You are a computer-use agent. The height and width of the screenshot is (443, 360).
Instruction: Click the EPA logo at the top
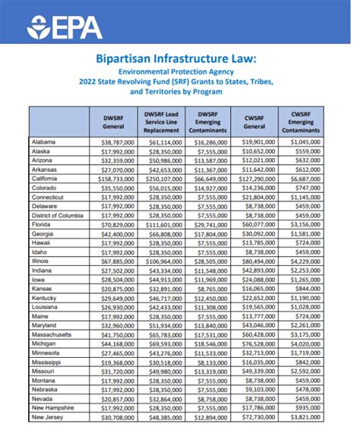point(65,29)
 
